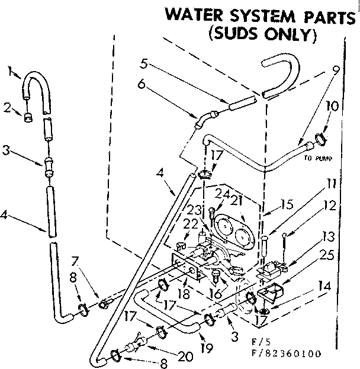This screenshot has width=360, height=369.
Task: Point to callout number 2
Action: [x=8, y=107]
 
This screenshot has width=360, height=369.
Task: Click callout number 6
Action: [x=142, y=84]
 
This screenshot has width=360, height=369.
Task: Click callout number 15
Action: [x=287, y=206]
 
